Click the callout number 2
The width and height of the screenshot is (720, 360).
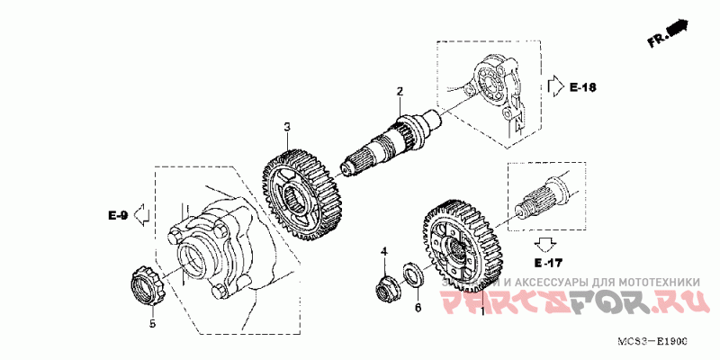(x=400, y=91)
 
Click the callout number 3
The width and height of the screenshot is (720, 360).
(x=287, y=128)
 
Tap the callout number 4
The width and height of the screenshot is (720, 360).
(x=382, y=251)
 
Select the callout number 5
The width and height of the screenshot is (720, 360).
(x=152, y=323)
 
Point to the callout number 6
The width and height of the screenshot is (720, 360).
(x=417, y=308)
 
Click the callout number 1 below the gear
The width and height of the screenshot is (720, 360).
(x=483, y=311)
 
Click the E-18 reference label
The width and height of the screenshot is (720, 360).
(x=583, y=87)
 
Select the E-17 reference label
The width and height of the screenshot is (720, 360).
(x=546, y=264)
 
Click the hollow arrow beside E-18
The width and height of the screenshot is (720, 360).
(x=554, y=86)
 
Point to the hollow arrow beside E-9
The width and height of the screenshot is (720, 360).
(x=139, y=215)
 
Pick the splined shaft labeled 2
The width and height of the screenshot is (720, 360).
(x=387, y=144)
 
